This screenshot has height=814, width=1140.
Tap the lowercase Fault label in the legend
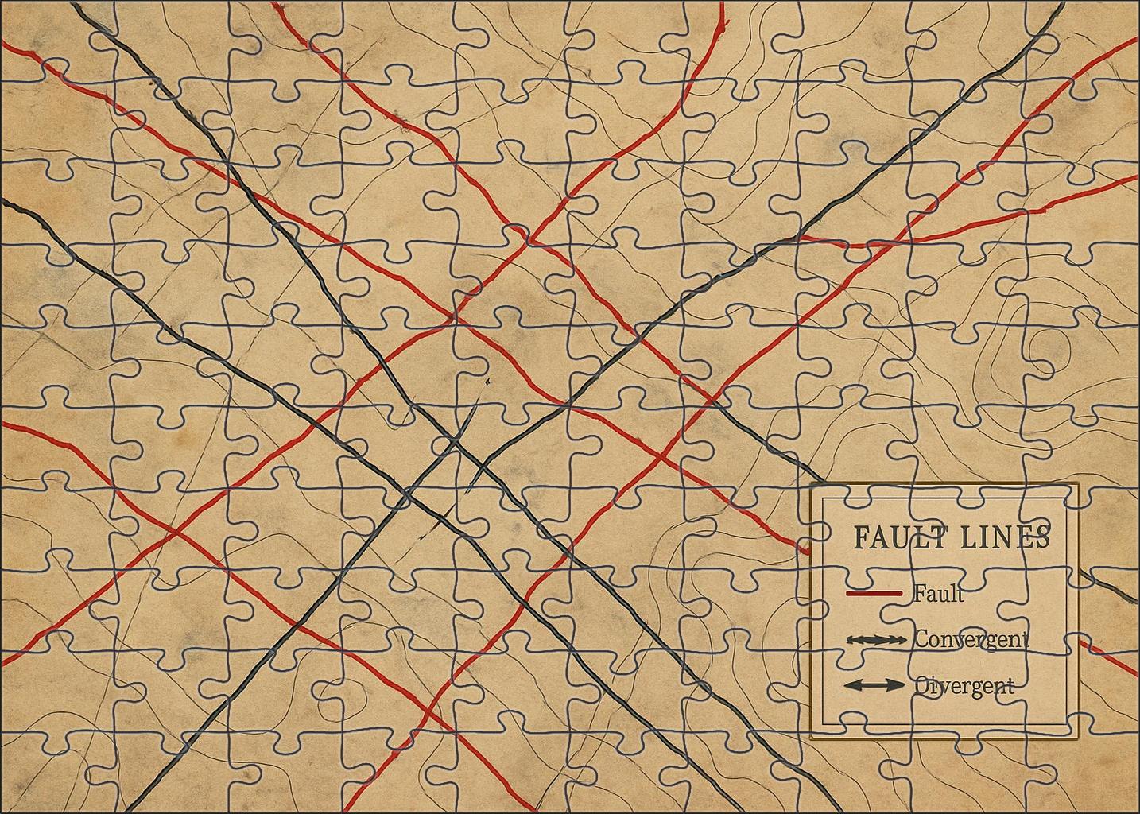pos(938,593)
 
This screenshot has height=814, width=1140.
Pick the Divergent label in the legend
pos(964,685)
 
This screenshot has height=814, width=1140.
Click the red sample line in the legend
pos(874,594)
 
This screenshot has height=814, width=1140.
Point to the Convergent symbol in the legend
pos(876,640)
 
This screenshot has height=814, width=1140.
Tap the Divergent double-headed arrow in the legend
pos(874,685)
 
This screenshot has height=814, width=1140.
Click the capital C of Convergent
pos(922,639)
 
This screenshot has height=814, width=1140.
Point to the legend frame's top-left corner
pos(810,484)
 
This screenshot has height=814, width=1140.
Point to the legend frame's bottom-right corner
pos(1079,738)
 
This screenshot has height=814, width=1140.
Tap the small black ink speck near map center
pos(484,382)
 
